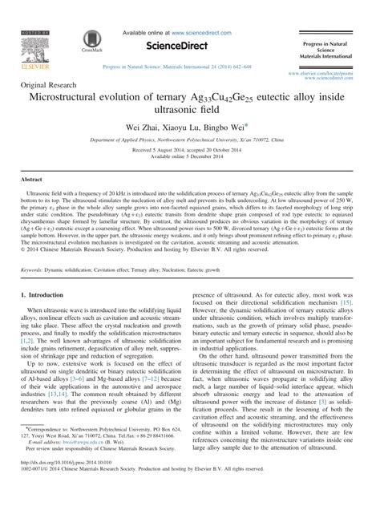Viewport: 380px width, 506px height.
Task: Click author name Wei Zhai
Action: click(143, 128)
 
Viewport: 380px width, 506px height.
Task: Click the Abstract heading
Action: click(31, 181)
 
